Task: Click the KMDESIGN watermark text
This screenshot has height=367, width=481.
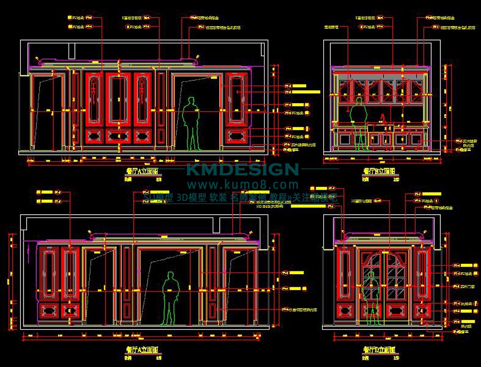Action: tap(242, 170)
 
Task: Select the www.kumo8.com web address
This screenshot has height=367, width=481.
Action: tap(242, 185)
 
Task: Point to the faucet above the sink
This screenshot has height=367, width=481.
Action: tap(383, 118)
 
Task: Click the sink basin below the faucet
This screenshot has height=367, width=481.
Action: tap(383, 127)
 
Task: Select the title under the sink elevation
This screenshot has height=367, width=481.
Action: tap(379, 171)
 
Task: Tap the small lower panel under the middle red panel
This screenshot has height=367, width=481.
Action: tap(118, 136)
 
